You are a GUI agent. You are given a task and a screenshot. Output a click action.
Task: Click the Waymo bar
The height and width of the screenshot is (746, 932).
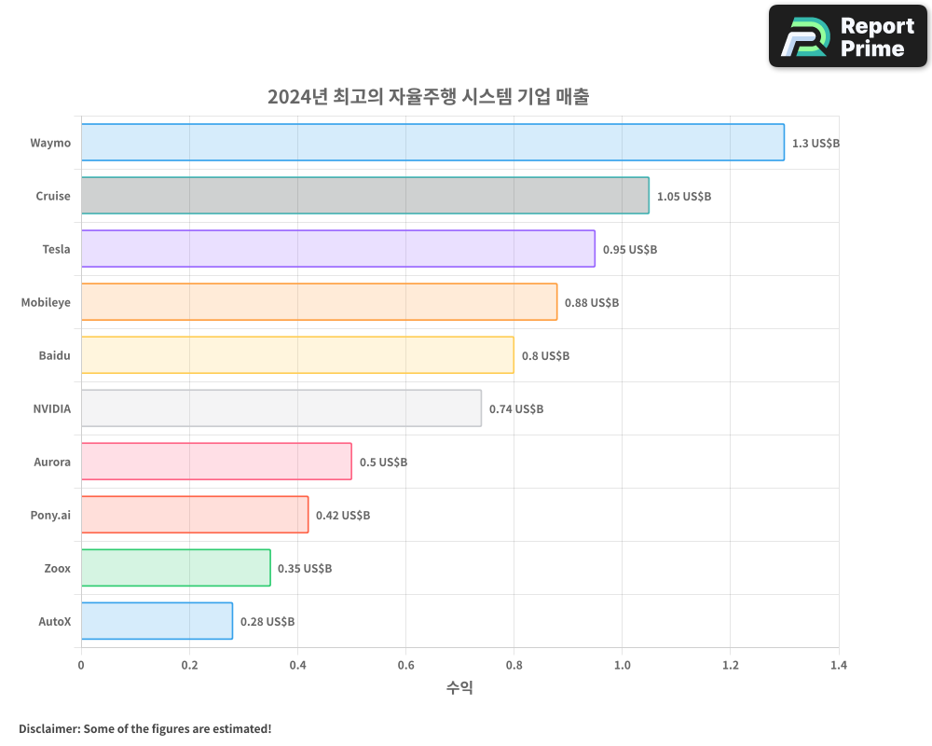pyautogui.click(x=432, y=143)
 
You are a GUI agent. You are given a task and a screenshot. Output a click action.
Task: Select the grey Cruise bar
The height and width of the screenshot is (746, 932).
pyautogui.click(x=364, y=196)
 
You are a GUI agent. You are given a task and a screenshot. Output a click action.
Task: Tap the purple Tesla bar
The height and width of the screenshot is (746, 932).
pyautogui.click(x=337, y=249)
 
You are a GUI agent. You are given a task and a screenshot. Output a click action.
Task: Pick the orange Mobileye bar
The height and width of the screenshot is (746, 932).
pyautogui.click(x=319, y=302)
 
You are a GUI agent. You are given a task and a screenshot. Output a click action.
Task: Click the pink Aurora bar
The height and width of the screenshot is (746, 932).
pyautogui.click(x=216, y=462)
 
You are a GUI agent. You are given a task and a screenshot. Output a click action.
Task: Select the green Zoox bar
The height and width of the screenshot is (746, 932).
pyautogui.click(x=175, y=568)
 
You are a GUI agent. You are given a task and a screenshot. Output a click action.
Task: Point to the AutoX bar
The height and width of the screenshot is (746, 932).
pyautogui.click(x=157, y=621)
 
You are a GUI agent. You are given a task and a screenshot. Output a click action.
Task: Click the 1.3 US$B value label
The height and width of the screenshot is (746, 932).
pyautogui.click(x=815, y=144)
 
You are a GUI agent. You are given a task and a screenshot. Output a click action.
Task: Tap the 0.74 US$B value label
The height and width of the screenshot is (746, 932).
pyautogui.click(x=516, y=409)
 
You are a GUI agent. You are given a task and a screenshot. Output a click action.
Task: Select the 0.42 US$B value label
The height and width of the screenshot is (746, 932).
pyautogui.click(x=343, y=516)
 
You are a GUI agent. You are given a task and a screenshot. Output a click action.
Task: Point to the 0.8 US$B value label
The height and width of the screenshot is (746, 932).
pyautogui.click(x=545, y=356)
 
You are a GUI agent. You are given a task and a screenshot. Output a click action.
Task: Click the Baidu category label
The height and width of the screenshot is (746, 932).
pyautogui.click(x=54, y=355)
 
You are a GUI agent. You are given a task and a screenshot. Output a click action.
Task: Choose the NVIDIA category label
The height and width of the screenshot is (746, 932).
pyautogui.click(x=51, y=408)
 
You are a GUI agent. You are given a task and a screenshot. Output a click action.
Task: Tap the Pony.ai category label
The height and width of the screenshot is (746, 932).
pyautogui.click(x=50, y=515)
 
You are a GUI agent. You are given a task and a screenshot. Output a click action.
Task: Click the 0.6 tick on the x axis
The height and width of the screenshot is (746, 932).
pyautogui.click(x=405, y=666)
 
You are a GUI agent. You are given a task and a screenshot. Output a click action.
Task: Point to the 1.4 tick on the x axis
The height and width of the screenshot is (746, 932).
pyautogui.click(x=839, y=666)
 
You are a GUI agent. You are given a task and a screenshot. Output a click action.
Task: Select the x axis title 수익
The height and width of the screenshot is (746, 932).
pyautogui.click(x=459, y=688)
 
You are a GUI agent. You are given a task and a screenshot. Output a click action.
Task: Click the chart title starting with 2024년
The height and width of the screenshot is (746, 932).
pyautogui.click(x=428, y=97)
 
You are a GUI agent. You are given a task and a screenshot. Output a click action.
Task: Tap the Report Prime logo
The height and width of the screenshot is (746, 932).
pyautogui.click(x=848, y=36)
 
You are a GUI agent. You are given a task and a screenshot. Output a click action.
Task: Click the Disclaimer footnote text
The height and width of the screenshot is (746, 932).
pyautogui.click(x=145, y=728)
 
